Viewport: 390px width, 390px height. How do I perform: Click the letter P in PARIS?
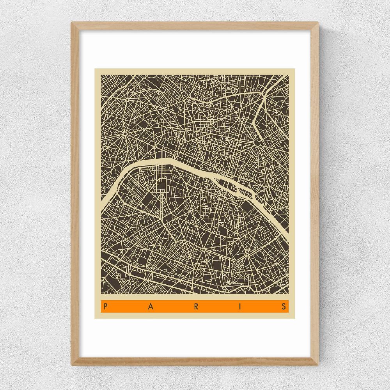[x=105, y=306]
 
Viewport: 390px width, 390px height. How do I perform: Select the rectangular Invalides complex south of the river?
[x=162, y=183]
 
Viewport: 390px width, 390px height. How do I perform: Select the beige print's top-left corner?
[x=95, y=69]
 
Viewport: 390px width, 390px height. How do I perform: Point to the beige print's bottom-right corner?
[x=294, y=318]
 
